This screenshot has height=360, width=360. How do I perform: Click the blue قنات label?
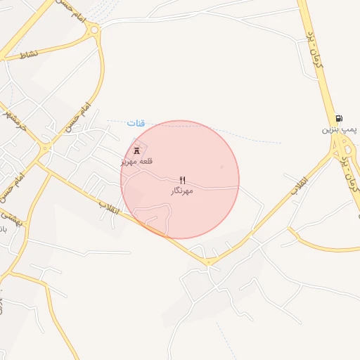pyautogui.click(x=135, y=123)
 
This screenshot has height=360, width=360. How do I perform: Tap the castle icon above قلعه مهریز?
pyautogui.click(x=136, y=150)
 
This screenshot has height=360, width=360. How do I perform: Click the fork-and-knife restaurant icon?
pyautogui.click(x=183, y=180)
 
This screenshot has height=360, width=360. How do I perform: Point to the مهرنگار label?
pyautogui.click(x=181, y=191)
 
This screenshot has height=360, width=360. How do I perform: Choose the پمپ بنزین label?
pyautogui.click(x=340, y=130)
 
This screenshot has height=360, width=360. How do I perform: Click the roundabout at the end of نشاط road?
pyautogui.click(x=94, y=30)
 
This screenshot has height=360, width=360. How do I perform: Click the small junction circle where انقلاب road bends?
pyautogui.click(x=210, y=262)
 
